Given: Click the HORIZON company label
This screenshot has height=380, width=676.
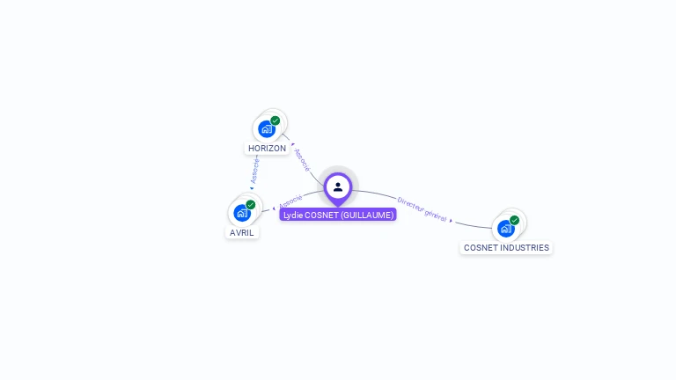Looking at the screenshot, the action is pos(267,149).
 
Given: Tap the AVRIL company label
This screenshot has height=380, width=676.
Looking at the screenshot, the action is pos(242,233).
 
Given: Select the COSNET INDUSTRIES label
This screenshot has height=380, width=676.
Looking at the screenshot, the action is pos(506,248).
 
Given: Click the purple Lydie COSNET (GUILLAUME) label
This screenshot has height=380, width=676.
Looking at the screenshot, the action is pos(338,215).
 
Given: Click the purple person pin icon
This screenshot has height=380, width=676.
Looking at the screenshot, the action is pos(338,187).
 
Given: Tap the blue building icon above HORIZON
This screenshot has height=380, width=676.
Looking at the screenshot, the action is pos(266,129).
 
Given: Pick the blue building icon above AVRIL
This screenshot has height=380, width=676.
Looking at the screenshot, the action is pos(241,213).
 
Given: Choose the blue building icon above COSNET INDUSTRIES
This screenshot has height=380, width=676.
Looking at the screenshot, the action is pos(505,229).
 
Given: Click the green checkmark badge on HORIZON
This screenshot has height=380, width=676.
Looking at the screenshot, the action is pos(276,121).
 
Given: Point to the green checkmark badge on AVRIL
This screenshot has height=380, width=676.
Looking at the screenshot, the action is pos(251,204).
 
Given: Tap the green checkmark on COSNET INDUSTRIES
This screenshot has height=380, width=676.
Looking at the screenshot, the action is pos(515,220).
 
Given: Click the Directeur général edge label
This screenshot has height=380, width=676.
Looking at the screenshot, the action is pos(422,208).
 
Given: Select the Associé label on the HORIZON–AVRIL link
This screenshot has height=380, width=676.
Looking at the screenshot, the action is pos(255,170).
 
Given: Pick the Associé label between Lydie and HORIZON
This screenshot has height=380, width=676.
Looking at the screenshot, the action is pos(302,159).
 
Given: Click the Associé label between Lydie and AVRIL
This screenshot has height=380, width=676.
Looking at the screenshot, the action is pos(291,201).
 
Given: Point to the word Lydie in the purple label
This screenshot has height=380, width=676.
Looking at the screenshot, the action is pos(292,215).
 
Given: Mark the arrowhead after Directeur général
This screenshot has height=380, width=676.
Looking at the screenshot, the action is pos(452,220).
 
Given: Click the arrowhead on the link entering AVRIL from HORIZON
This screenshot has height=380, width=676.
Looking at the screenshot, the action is pos(251,188).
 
